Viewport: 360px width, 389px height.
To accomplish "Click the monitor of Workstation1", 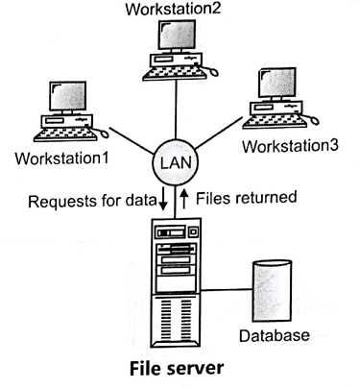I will (x=69, y=98).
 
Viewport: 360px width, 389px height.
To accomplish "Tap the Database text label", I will (x=276, y=335).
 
